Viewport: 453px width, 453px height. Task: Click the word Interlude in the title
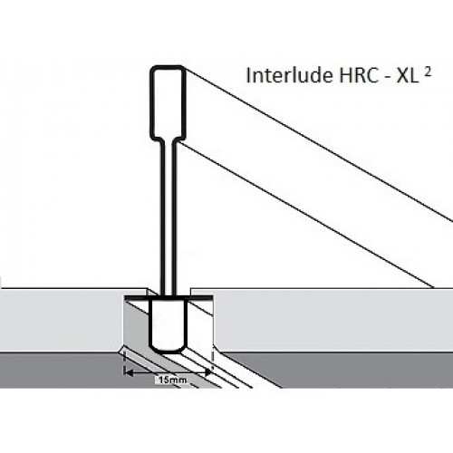pos(288,75)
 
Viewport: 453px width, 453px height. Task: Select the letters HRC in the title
pos(359,76)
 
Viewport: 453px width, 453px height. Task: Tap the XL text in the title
pos(407,76)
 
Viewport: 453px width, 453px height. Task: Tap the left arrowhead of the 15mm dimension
pos(129,373)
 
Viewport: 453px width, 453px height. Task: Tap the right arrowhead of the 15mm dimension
pos(207,373)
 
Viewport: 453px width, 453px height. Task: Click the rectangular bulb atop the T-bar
pos(168,102)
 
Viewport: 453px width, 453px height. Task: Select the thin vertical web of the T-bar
pos(168,217)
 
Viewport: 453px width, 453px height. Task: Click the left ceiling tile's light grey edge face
pos(62,321)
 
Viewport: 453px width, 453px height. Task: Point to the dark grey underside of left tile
pos(61,370)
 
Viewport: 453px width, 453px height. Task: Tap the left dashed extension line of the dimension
pos(124,362)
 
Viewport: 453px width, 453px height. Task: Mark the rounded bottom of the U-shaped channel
pos(168,351)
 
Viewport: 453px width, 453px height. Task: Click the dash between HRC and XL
pos(387,78)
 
